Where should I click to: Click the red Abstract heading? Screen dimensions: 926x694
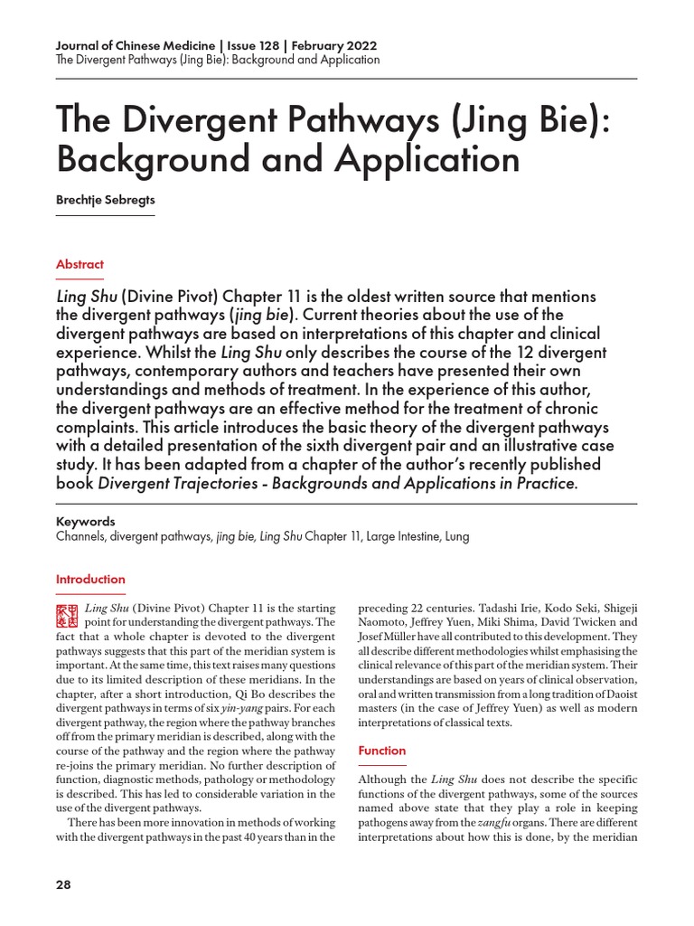pos(80,264)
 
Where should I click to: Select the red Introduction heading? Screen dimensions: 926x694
pos(90,579)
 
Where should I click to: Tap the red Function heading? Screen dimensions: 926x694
pos(382,751)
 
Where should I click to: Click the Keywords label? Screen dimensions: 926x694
pos(85,522)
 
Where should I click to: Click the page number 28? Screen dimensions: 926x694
pos(63,884)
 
